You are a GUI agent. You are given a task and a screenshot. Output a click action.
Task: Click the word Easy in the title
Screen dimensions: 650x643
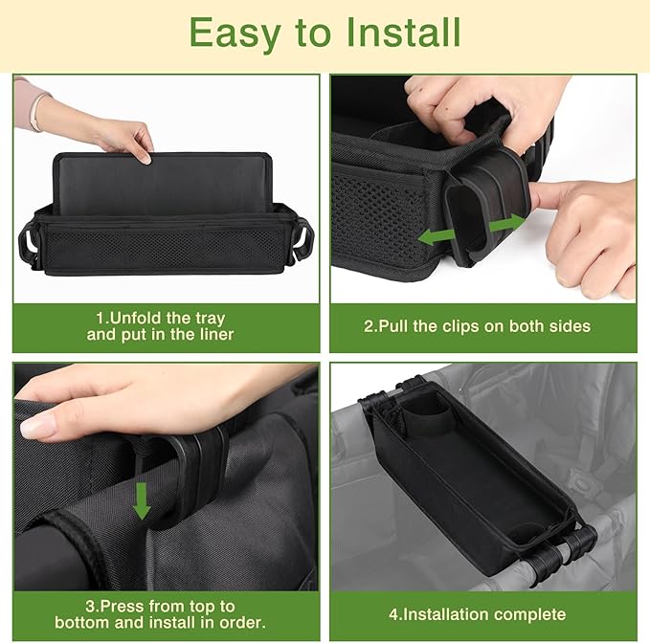point(235,34)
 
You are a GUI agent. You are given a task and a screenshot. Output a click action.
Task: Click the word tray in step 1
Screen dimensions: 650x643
point(211,319)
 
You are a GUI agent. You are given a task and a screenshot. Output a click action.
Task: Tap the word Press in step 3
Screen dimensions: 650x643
point(123,607)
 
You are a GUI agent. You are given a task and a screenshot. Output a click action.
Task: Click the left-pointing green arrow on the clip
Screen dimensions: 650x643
point(437,236)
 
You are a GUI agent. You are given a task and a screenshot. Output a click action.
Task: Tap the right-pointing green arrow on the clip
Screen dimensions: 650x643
point(507,224)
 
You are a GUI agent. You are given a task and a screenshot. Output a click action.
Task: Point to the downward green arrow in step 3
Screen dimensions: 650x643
point(142,501)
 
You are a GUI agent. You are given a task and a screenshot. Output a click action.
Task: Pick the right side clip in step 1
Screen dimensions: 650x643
point(302,241)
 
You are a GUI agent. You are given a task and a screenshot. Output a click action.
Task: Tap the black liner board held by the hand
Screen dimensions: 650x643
point(163,184)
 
